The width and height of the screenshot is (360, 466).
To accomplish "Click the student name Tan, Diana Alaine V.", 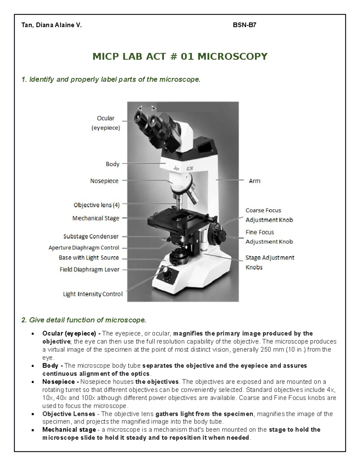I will [x=51, y=25].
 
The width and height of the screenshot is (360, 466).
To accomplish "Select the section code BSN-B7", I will [x=244, y=25].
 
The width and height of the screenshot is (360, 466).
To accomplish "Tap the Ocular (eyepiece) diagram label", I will [x=105, y=123].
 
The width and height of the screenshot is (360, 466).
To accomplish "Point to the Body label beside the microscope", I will [x=112, y=164].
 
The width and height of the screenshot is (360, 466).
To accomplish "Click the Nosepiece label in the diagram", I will [x=104, y=181].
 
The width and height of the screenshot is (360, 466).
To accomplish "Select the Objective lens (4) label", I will [x=96, y=205].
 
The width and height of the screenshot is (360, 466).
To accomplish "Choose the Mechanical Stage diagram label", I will [x=96, y=218].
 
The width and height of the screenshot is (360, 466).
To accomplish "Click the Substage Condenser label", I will [x=91, y=236].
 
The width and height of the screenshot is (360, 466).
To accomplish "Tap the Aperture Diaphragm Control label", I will [x=84, y=248].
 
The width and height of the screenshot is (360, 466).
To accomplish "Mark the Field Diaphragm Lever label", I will [x=89, y=269].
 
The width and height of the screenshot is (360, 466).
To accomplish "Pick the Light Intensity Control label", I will [x=93, y=294].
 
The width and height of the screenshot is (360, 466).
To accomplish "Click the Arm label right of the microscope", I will [x=254, y=181].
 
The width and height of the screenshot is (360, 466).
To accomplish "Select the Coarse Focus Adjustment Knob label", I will [x=269, y=215].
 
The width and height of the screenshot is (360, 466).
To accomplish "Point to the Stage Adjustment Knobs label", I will [x=269, y=262].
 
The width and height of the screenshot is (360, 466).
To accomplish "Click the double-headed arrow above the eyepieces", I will [x=147, y=108].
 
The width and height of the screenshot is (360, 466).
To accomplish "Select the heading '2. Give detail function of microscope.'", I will [x=84, y=320].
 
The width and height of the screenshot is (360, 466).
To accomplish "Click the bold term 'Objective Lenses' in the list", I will [x=69, y=414].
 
